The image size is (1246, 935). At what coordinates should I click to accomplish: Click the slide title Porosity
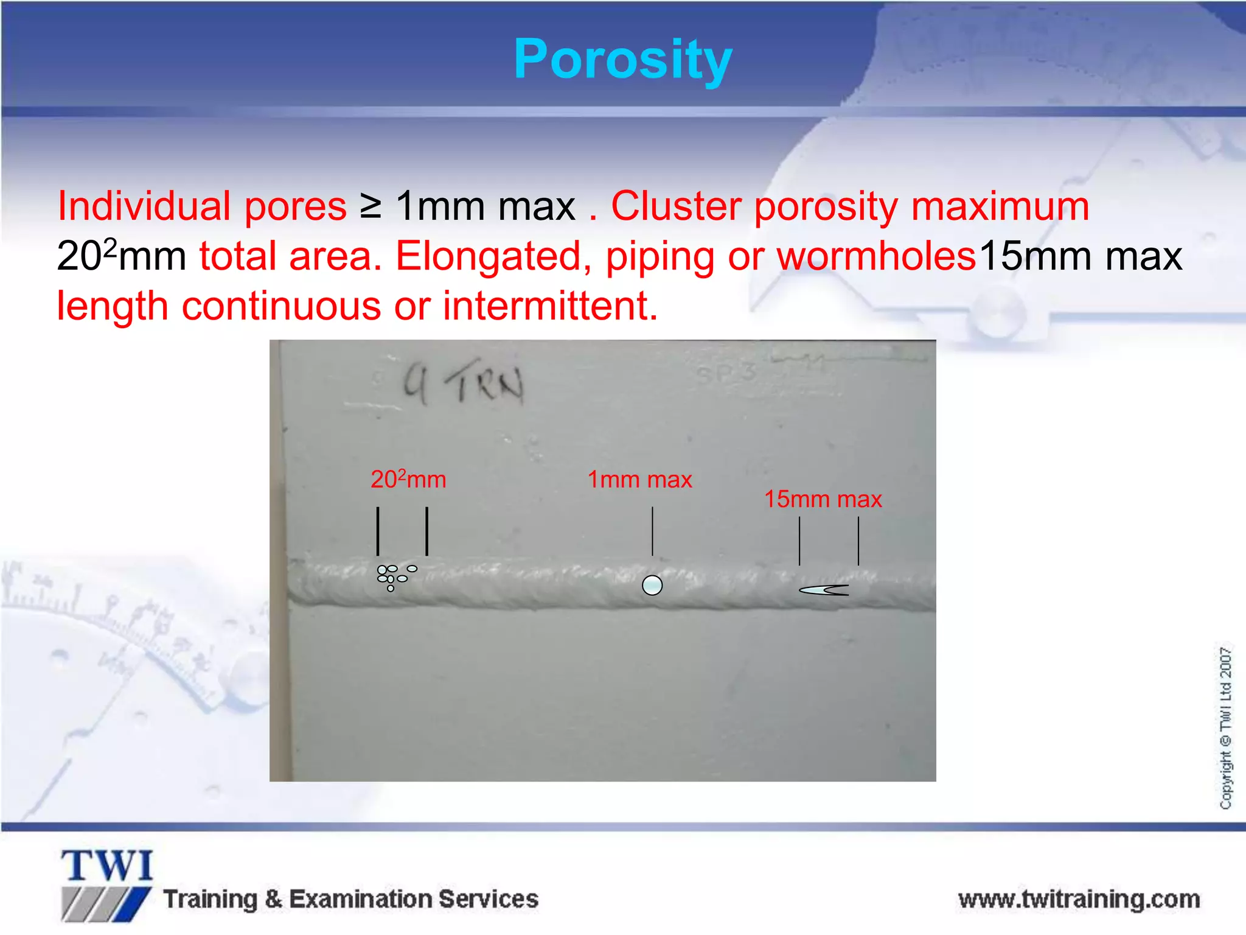622,60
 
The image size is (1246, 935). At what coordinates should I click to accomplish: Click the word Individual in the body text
143,206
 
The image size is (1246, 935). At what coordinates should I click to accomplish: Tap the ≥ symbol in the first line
370,206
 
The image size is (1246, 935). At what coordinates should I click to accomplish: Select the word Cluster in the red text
675,206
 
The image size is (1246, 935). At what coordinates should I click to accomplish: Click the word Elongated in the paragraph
493,256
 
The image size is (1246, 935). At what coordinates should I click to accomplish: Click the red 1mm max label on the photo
639,480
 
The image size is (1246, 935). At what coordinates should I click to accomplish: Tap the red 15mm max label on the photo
823,499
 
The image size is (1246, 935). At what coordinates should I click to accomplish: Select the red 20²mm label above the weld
408,480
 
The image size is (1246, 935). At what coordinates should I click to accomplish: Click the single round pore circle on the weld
652,586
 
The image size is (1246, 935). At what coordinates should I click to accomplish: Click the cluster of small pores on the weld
393,576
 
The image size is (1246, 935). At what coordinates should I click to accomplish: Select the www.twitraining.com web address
1079,899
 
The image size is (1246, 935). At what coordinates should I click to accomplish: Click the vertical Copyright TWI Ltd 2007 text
1225,727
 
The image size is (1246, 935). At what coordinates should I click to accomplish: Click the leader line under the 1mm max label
652,531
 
